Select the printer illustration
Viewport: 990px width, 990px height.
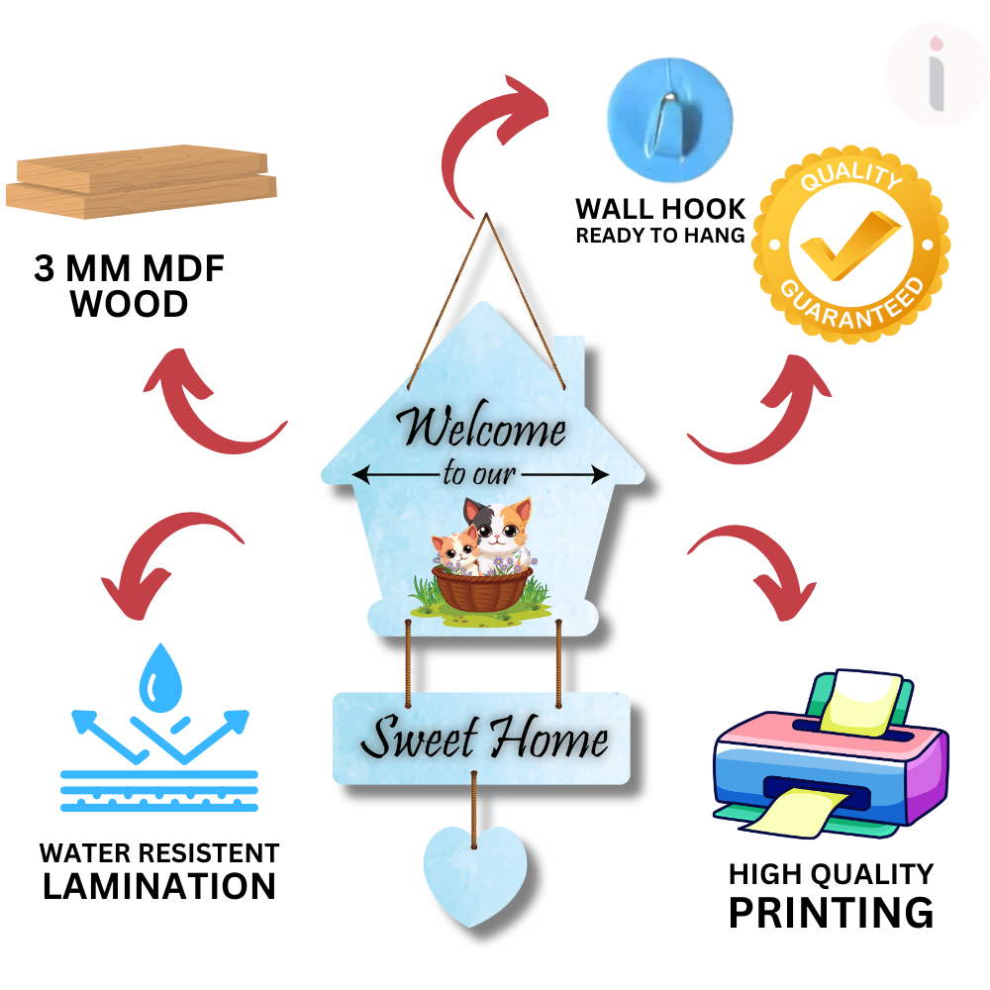[830, 757]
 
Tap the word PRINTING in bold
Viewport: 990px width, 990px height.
[831, 912]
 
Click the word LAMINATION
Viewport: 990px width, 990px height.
[158, 886]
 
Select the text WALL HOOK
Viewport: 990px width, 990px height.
[660, 209]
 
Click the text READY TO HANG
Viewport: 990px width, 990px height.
[660, 236]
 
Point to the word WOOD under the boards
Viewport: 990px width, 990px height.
[129, 304]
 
